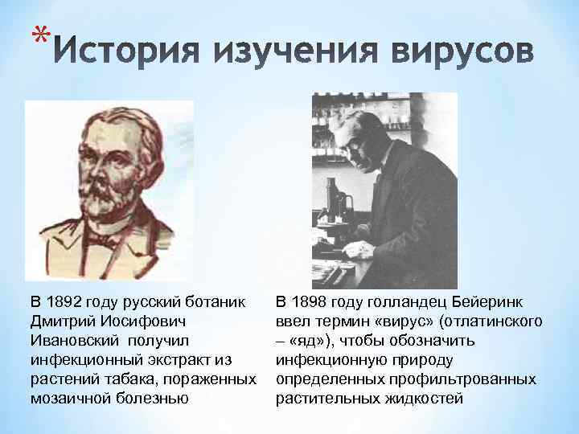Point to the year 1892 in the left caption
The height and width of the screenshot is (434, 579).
(67, 302)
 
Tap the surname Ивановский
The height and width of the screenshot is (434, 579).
(76, 341)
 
